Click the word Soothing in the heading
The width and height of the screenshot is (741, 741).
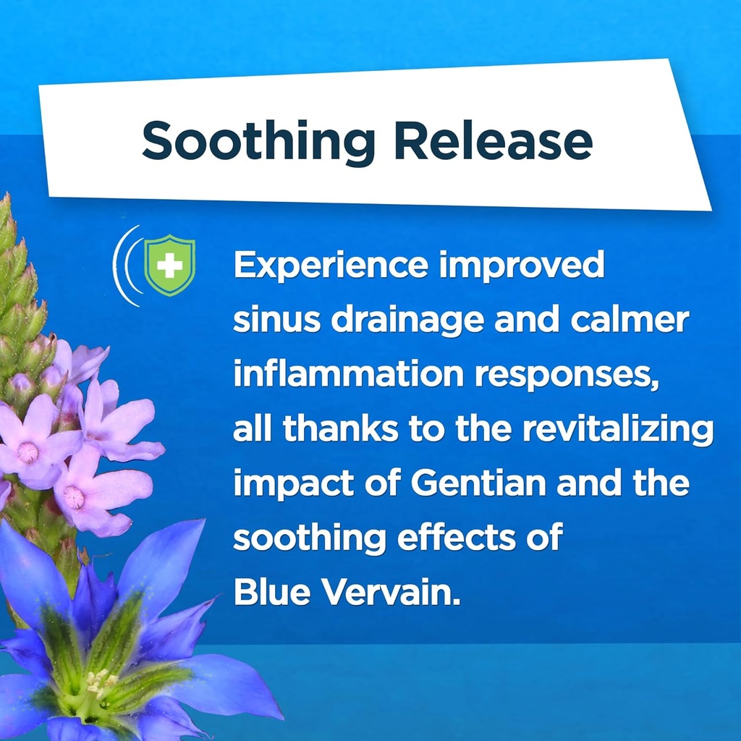(x=258, y=143)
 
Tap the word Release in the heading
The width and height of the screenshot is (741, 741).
(x=494, y=141)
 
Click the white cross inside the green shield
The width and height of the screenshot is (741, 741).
(x=169, y=265)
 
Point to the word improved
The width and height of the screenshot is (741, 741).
(x=522, y=266)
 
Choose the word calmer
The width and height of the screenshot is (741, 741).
(x=630, y=320)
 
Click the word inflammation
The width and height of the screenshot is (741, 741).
(x=348, y=374)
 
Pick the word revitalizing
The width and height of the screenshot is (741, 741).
(x=618, y=430)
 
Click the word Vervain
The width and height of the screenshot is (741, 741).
(x=390, y=592)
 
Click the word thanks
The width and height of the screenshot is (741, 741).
(x=340, y=428)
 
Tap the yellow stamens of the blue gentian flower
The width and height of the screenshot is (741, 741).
(x=101, y=682)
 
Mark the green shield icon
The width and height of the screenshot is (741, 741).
(x=169, y=265)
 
